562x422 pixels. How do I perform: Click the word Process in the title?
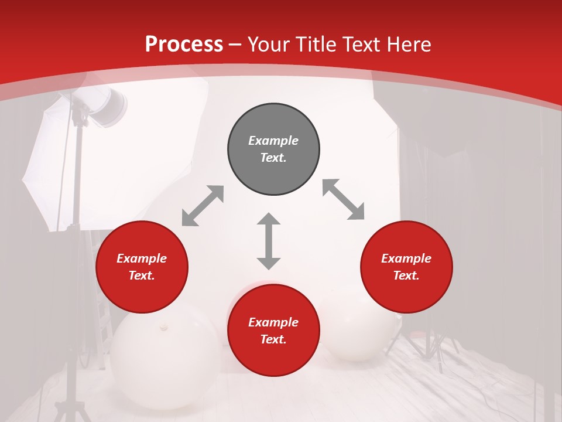tap(184, 45)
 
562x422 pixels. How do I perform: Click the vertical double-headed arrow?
tap(269, 241)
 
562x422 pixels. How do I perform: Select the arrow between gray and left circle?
tap(203, 206)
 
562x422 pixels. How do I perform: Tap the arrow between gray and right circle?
tap(343, 199)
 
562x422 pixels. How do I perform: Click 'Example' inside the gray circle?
tap(273, 141)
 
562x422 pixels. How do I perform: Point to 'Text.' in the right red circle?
tap(406, 275)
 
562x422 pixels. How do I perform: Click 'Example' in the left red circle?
tap(142, 258)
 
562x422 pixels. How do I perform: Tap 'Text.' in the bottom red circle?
tap(273, 339)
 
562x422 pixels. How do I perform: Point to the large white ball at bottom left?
tap(158, 358)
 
